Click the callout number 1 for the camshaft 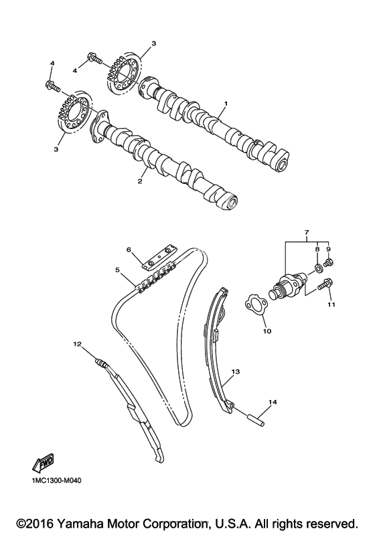pos(225,103)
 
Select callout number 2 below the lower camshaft pos(139,181)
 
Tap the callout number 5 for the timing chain pos(118,270)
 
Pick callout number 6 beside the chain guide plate pos(129,250)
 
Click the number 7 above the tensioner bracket pos(306,233)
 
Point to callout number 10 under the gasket pos(267,331)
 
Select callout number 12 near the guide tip pos(77,344)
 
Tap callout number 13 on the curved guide pos(236,372)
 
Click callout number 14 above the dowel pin pos(273,402)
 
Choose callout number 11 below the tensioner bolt pos(331,304)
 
